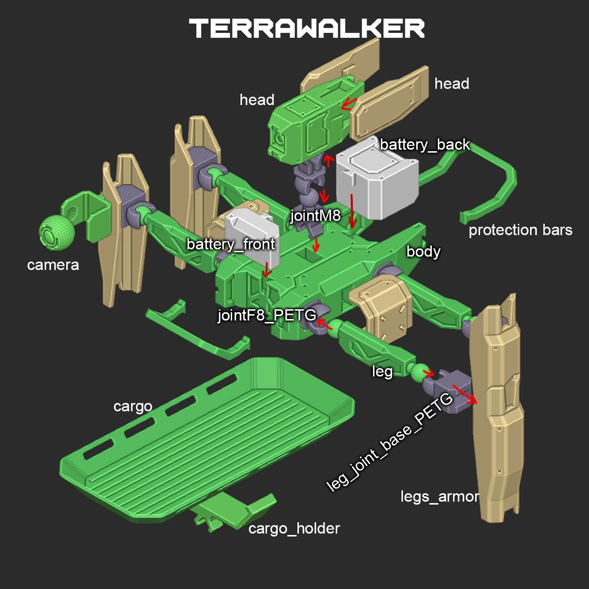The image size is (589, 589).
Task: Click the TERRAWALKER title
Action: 307,28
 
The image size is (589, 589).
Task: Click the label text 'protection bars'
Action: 520,230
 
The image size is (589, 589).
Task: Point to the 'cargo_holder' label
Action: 294,529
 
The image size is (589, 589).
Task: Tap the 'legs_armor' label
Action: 440,497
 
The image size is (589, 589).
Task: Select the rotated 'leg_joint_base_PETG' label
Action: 390,442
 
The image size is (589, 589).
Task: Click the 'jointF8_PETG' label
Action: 267,315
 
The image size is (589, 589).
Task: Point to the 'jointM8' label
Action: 315,215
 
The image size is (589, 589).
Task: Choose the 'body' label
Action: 423,252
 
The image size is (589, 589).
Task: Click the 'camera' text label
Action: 53,265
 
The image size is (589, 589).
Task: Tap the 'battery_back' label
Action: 425,145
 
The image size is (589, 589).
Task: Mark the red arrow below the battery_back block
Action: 352,210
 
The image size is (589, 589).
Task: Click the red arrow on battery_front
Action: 267,268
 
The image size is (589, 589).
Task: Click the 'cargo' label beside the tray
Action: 133,406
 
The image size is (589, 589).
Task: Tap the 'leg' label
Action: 382,372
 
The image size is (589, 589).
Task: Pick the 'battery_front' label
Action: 231,244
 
